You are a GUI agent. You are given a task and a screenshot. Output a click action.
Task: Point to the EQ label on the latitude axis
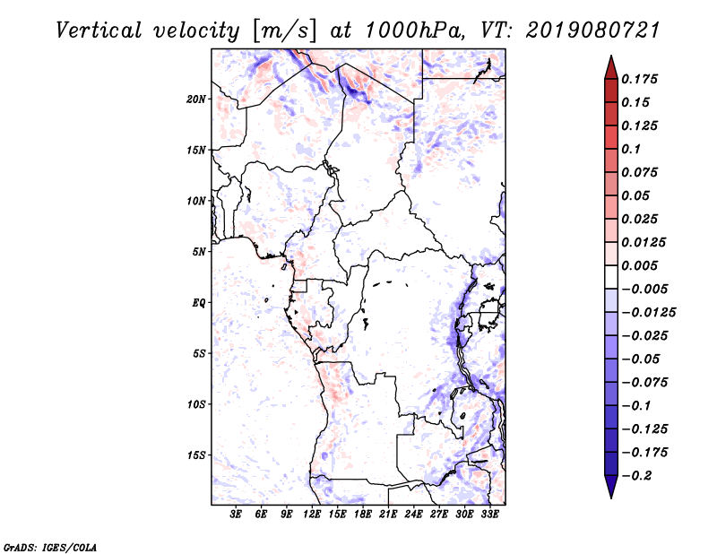point(199,302)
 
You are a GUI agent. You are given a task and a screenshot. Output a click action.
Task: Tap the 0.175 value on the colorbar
point(642,79)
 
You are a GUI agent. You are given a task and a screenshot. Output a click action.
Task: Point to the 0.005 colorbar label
point(642,265)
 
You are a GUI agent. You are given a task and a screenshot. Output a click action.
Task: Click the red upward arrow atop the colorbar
point(609,65)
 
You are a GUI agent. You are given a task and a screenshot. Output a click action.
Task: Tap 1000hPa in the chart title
point(415,30)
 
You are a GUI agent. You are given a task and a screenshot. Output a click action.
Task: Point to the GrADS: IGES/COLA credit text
point(50,546)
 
